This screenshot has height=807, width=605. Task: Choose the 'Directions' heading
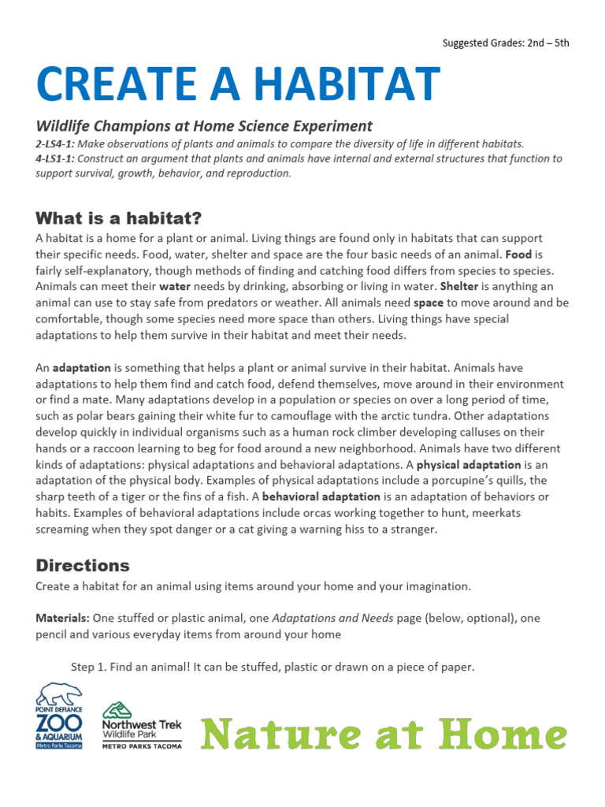(83, 565)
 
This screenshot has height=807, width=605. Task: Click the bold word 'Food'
(518, 255)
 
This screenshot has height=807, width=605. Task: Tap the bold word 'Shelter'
(458, 286)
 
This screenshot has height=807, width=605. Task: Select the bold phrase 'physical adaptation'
(469, 464)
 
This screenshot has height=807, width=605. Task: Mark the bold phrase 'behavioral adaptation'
(321, 496)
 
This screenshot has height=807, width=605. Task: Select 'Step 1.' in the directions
(90, 667)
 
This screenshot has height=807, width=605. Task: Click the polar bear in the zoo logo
(60, 694)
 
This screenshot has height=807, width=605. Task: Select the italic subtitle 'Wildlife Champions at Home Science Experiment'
(204, 126)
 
